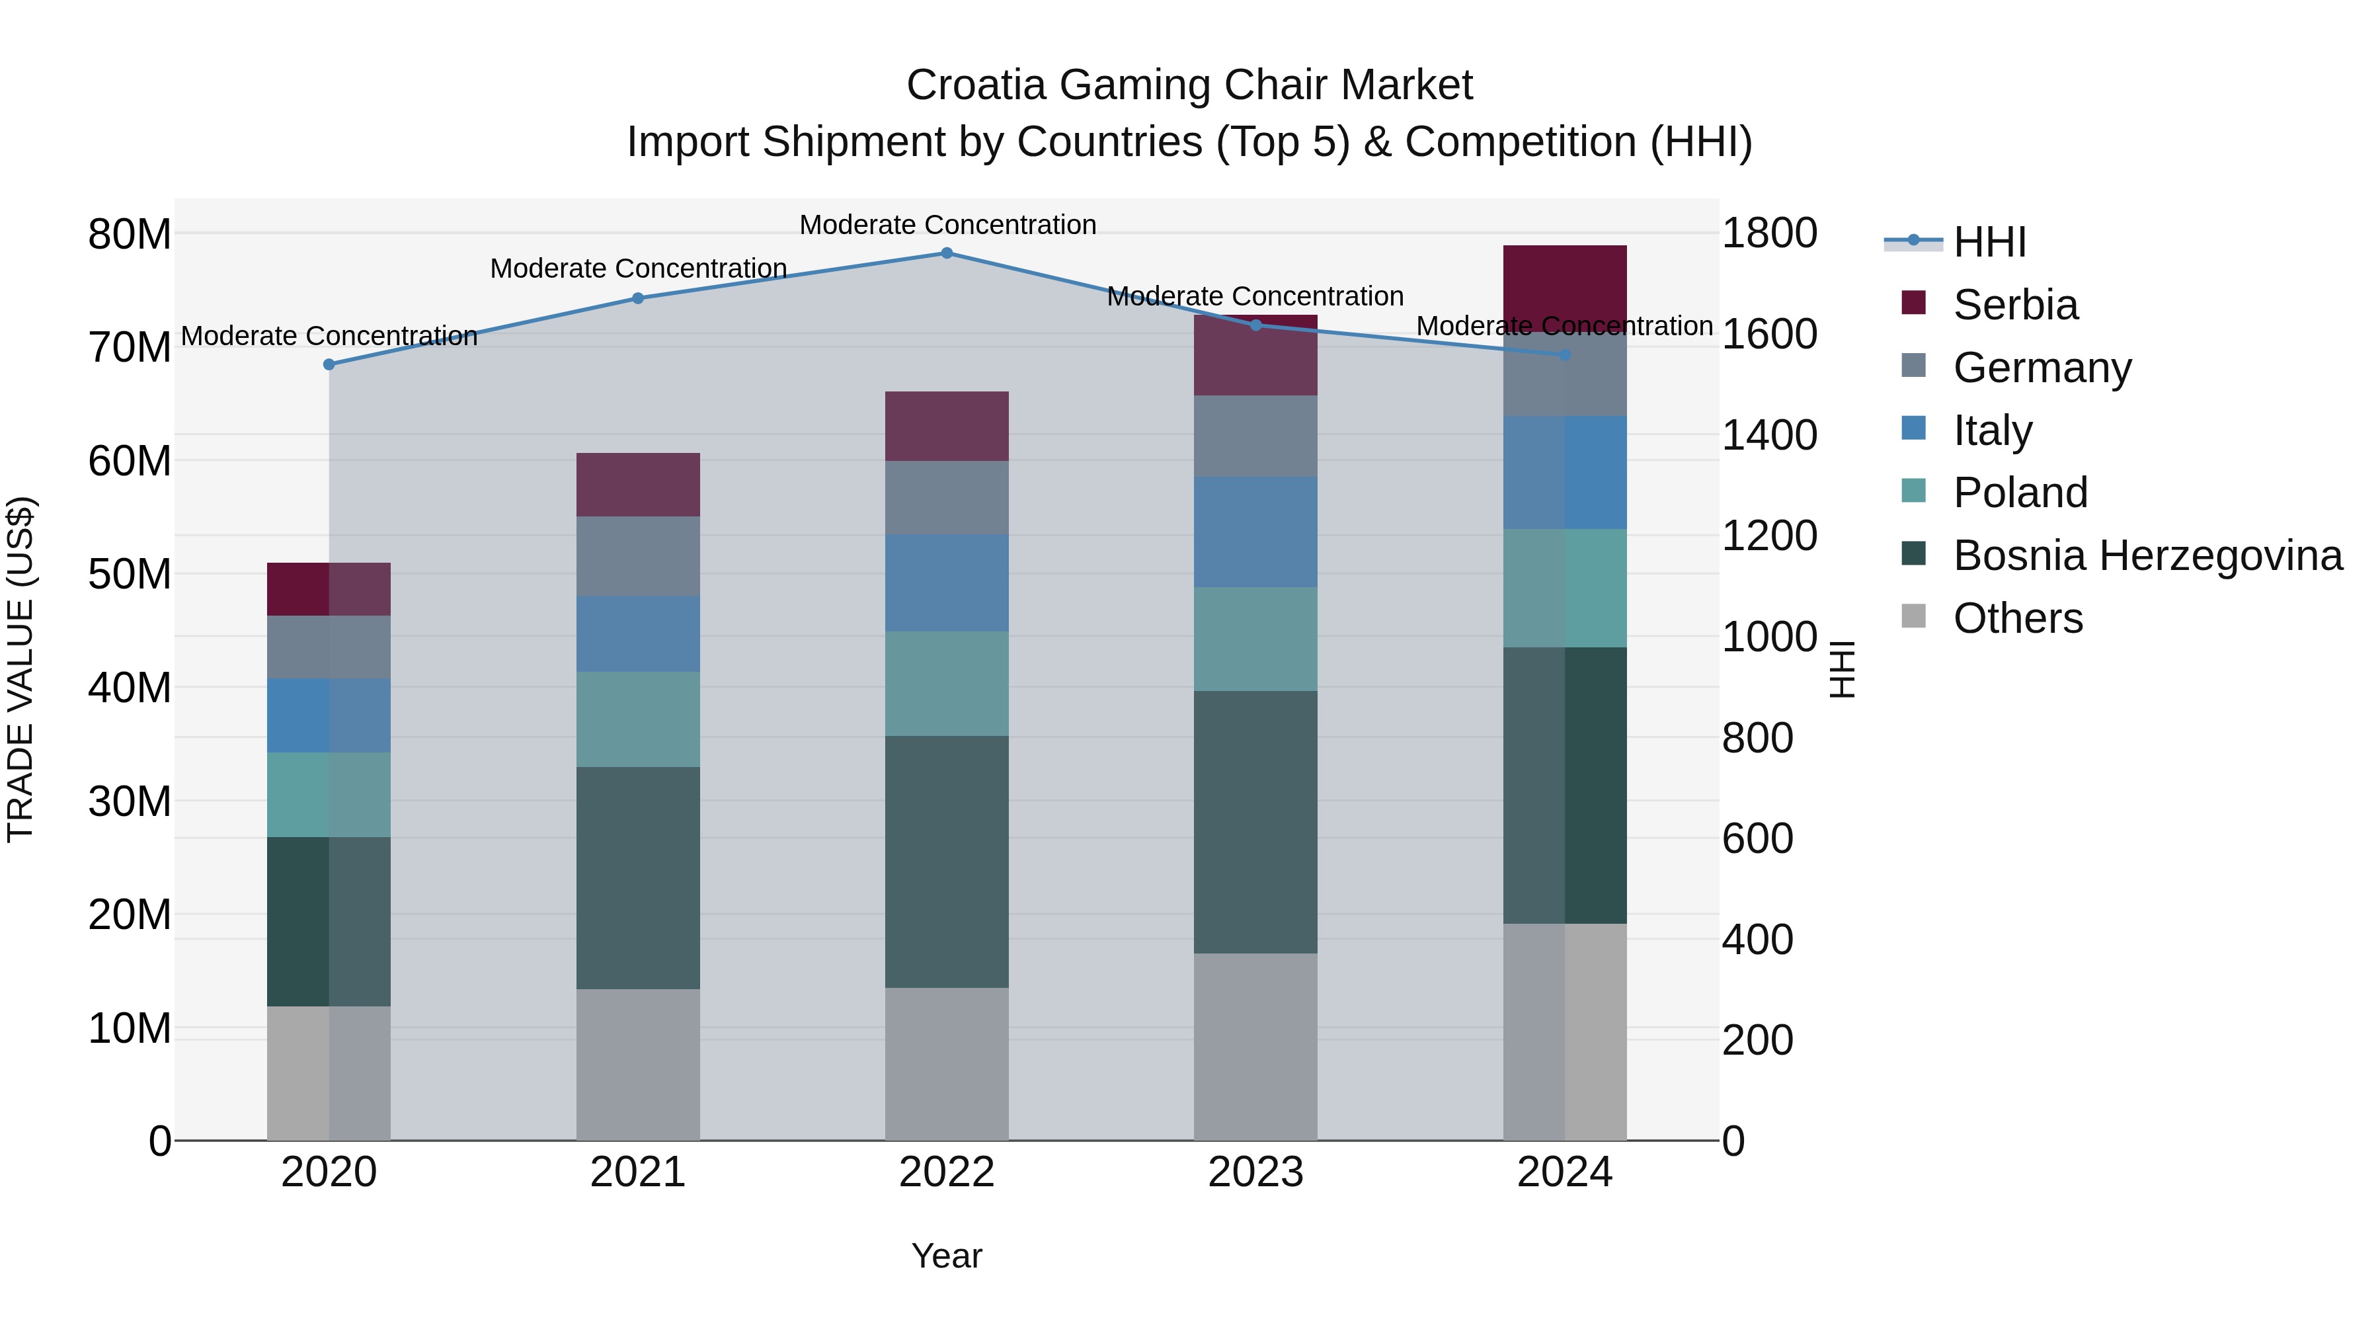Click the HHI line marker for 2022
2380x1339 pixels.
tap(946, 253)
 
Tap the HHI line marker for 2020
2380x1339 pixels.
tap(329, 365)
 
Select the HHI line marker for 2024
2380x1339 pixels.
tap(1564, 355)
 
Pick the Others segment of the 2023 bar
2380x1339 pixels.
tap(1255, 1046)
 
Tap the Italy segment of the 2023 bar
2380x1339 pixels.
tap(1255, 532)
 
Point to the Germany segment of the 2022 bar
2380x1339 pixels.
tap(946, 498)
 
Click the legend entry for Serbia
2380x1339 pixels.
tap(2014, 305)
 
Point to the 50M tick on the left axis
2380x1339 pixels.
tap(130, 575)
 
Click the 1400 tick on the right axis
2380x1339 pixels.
tap(1769, 435)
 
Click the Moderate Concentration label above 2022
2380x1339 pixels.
tap(947, 225)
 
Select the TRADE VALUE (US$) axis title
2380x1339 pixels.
tap(20, 669)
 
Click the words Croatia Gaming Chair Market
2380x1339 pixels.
tap(1189, 85)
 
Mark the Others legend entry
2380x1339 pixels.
tap(2017, 618)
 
